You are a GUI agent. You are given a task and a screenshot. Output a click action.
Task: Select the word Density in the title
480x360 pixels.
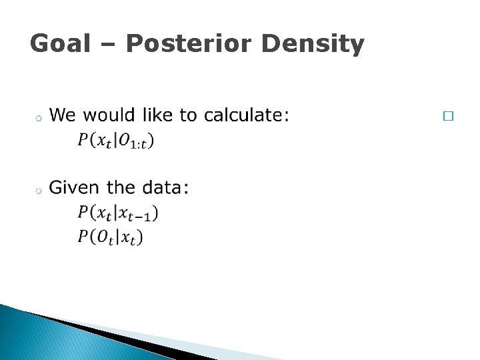(313, 44)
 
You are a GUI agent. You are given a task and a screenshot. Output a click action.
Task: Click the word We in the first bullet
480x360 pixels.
(62, 115)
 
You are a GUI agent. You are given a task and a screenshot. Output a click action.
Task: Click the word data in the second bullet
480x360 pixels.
(165, 188)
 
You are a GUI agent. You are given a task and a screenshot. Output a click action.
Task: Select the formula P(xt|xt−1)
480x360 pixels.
(118, 213)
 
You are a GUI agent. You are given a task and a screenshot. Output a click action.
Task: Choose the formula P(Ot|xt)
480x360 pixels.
(111, 237)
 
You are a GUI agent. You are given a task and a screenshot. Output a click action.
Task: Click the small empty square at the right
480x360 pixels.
(447, 116)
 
